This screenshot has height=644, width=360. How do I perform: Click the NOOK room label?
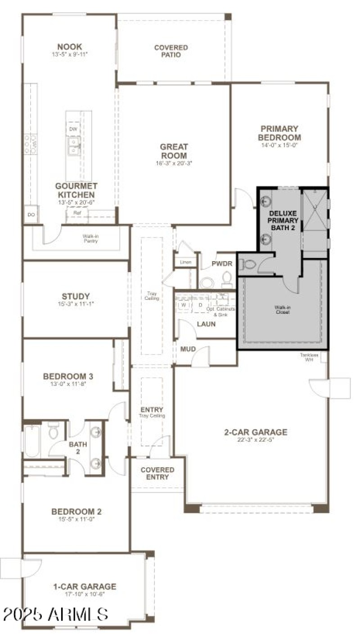[69, 47]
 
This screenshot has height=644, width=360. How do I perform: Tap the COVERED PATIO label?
[171, 51]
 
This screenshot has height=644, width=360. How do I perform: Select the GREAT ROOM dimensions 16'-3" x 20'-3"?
[174, 163]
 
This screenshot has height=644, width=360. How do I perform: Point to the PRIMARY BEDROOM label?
[279, 133]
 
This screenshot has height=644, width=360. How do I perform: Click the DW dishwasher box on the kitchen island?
[73, 130]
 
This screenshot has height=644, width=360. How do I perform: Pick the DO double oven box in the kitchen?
[31, 215]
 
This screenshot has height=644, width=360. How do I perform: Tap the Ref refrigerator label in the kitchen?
[77, 213]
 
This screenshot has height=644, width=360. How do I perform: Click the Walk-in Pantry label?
[90, 238]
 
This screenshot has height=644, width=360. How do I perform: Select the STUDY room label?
[76, 296]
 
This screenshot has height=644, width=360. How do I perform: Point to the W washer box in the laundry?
[184, 305]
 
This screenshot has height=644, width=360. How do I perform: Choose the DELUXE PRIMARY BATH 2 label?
[283, 221]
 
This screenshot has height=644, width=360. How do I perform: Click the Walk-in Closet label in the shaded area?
[283, 310]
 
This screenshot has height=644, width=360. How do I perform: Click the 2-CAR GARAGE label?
[256, 432]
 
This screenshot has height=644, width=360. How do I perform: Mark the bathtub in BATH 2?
[32, 440]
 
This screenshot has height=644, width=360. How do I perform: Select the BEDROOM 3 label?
[68, 376]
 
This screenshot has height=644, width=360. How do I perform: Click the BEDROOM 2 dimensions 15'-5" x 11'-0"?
[76, 519]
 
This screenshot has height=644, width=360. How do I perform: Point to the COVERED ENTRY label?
[157, 473]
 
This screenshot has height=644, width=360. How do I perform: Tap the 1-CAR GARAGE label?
[85, 587]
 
